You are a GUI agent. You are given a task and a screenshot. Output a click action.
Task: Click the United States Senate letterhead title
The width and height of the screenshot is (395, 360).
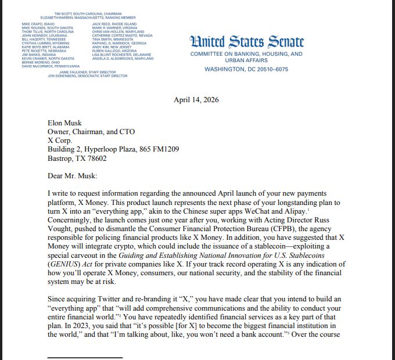[x=246, y=42]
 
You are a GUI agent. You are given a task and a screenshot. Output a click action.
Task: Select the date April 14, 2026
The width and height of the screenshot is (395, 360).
[x=196, y=100]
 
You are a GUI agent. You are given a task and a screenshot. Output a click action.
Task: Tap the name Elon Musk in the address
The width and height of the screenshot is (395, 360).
[x=65, y=123]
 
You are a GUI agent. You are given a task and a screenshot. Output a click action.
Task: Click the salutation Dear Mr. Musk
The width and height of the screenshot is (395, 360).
[x=72, y=175]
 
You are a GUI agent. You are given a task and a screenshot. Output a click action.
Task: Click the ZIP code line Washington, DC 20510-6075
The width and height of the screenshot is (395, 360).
[x=246, y=70]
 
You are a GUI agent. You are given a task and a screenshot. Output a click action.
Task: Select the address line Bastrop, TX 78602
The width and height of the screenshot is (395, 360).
[x=77, y=158]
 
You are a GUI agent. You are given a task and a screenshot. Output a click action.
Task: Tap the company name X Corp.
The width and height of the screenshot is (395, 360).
[x=61, y=141]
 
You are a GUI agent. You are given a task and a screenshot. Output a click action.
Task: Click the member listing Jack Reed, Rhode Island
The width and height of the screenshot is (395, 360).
[x=111, y=24]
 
